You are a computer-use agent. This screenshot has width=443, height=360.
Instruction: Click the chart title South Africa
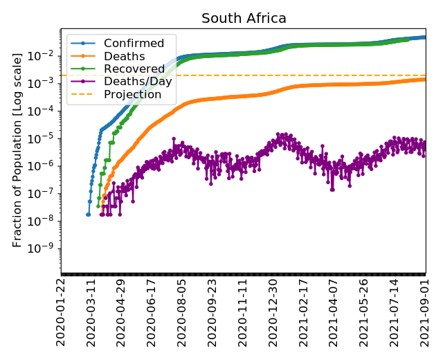click(244, 19)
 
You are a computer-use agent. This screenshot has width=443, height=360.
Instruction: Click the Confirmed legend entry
click(134, 44)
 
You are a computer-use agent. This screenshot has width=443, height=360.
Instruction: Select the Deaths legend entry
click(124, 57)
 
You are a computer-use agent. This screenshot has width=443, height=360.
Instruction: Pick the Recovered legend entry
click(134, 69)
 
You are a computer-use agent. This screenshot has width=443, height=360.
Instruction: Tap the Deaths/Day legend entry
click(138, 82)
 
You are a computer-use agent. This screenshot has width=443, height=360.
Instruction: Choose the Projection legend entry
click(132, 94)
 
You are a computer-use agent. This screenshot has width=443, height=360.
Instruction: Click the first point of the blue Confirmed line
click(88, 215)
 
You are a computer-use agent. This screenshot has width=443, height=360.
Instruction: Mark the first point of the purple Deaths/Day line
click(101, 215)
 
